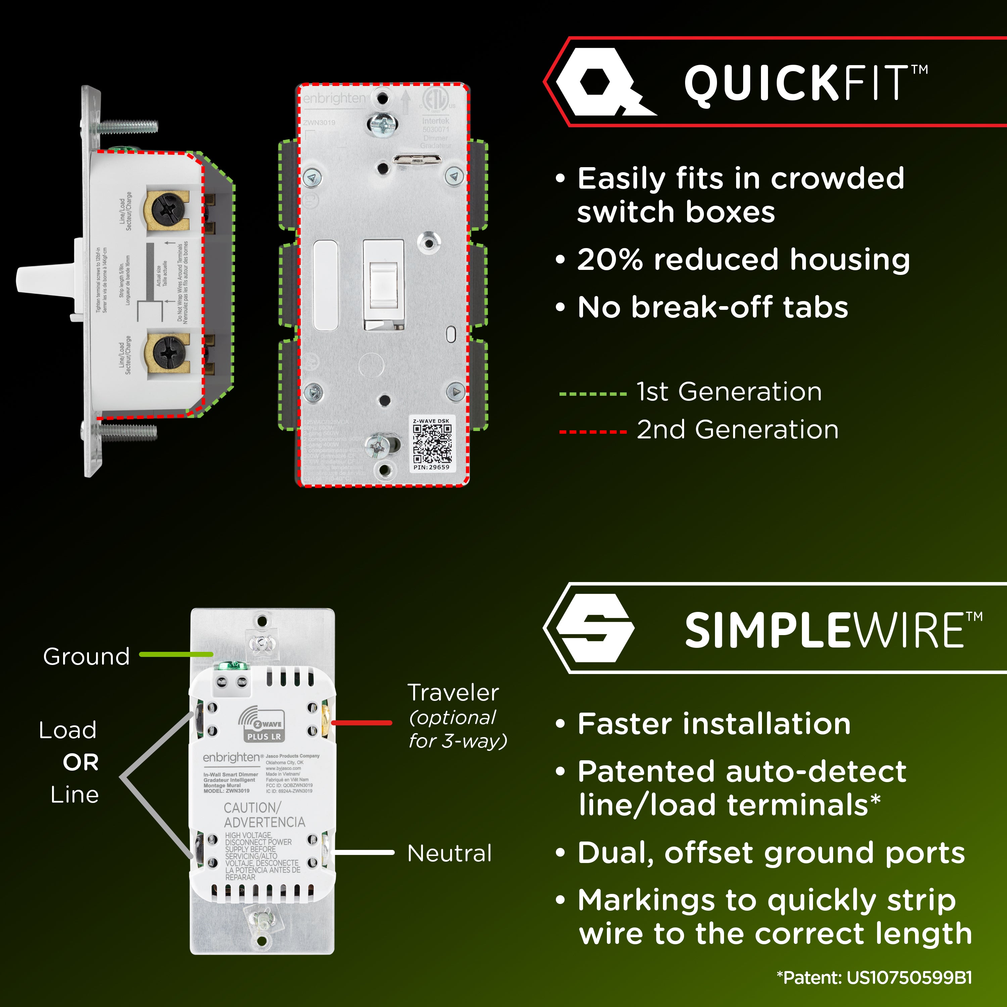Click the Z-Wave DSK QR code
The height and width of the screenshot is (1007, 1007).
click(432, 443)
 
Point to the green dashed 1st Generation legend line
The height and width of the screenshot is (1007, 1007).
click(593, 394)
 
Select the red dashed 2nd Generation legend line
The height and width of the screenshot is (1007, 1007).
click(593, 432)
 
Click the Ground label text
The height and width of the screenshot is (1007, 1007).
click(86, 656)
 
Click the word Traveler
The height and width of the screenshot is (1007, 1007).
click(453, 693)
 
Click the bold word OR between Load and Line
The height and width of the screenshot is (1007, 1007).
click(81, 763)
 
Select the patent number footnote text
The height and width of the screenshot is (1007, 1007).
click(874, 977)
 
